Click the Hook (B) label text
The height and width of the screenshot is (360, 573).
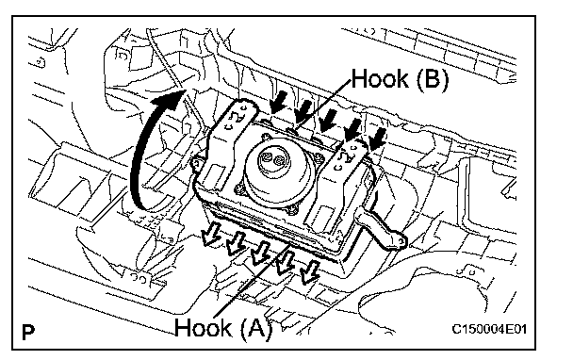click(x=400, y=79)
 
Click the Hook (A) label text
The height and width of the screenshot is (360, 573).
click(x=223, y=328)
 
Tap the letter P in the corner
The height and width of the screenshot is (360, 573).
click(x=28, y=333)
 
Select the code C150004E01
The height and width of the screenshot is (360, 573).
click(x=489, y=329)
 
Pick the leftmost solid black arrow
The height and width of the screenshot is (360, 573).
click(x=278, y=102)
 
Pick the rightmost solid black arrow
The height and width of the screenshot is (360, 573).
click(x=377, y=139)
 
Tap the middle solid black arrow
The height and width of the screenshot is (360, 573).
click(x=327, y=119)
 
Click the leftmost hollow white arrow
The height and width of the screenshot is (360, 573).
click(x=212, y=235)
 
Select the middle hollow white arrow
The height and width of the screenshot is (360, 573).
click(x=260, y=254)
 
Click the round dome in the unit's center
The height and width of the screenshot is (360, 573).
click(x=277, y=167)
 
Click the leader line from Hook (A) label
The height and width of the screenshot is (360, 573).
click(x=253, y=280)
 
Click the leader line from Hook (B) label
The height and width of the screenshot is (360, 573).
click(x=322, y=105)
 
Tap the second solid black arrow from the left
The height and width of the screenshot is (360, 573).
click(x=303, y=111)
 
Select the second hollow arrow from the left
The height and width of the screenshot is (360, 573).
click(x=236, y=243)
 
